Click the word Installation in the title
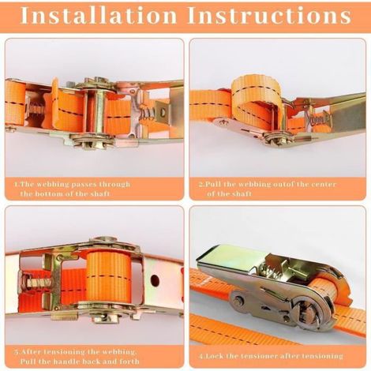[99, 15]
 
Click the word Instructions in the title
[269, 15]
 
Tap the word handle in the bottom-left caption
[66, 362]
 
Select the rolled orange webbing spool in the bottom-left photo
[108, 277]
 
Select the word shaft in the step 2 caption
[242, 194]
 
